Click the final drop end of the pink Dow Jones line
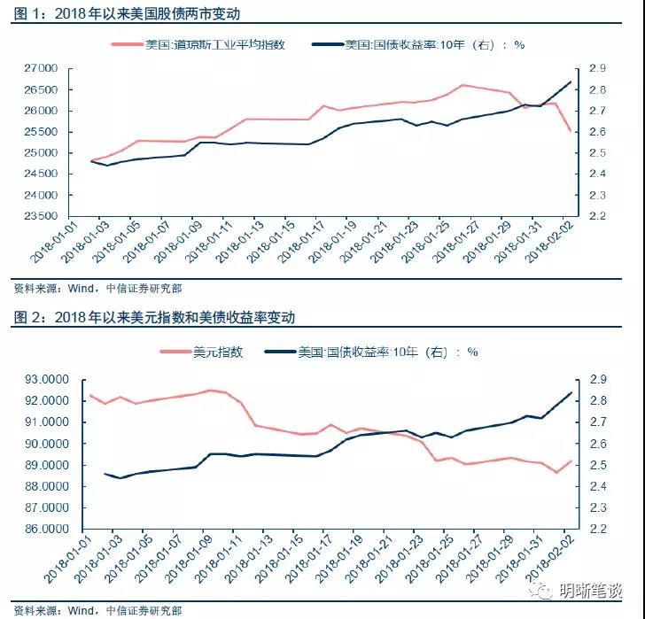point(570,131)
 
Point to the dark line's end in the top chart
point(570,81)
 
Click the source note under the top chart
point(98,288)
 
